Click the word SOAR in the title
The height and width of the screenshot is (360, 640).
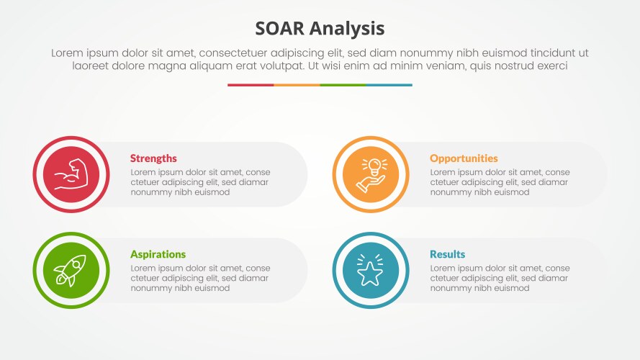[x=281, y=28]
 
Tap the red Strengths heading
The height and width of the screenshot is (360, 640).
[x=153, y=158]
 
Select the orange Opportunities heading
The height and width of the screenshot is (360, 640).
[x=464, y=158]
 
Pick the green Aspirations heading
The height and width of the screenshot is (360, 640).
[x=158, y=254]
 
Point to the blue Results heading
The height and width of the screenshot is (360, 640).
[x=447, y=254]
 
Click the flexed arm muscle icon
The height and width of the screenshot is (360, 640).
[x=71, y=174]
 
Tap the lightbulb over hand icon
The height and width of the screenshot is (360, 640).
[x=371, y=174]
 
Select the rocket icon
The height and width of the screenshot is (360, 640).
[x=71, y=270]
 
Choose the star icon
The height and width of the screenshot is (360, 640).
[x=371, y=270]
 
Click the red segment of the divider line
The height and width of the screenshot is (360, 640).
[x=251, y=85]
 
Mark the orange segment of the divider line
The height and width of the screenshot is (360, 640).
[x=297, y=85]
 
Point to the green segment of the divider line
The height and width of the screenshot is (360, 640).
[x=343, y=85]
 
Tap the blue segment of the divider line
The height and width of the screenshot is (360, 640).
[x=389, y=85]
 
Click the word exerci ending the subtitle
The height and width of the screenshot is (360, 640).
[x=551, y=66]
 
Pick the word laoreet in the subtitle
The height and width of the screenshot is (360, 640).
[x=91, y=66]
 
